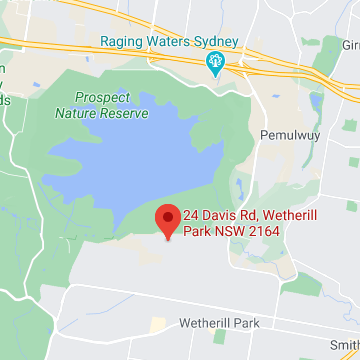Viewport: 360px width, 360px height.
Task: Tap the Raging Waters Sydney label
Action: (168, 42)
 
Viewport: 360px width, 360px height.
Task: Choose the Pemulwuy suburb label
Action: (287, 133)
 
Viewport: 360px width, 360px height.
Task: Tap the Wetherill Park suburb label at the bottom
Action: (219, 323)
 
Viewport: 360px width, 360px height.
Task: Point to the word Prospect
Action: (101, 97)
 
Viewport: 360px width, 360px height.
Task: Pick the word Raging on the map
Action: (120, 42)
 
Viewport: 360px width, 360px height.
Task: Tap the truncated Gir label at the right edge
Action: (351, 45)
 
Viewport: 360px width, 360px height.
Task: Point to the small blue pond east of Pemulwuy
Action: (317, 103)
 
